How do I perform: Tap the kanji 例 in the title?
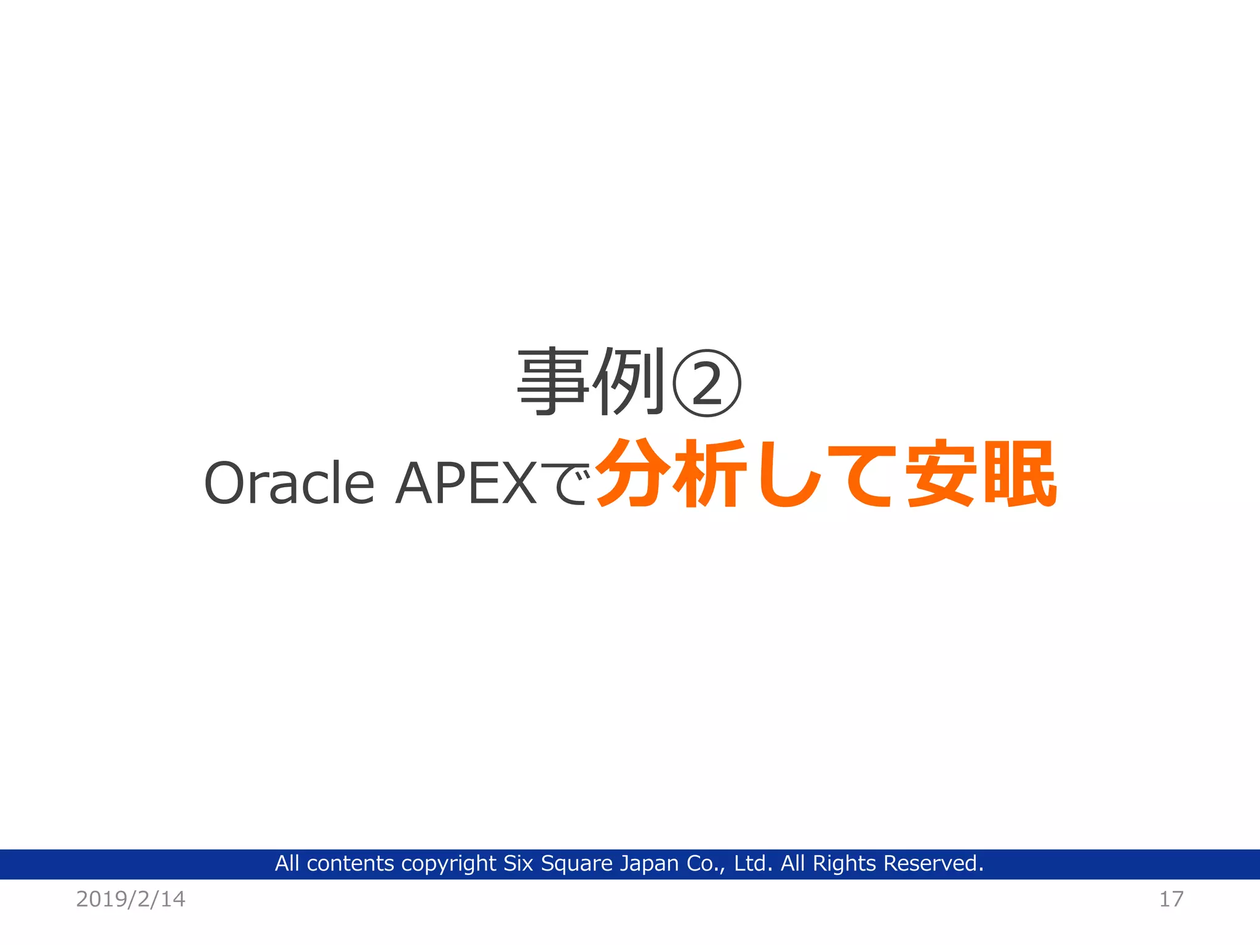pos(629,382)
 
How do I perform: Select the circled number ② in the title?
pos(706,383)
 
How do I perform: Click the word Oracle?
pos(289,484)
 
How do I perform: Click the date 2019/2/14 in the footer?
pos(130,899)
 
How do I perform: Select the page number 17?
pos(1171,899)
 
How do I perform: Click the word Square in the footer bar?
pos(576,864)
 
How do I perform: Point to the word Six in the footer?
pos(518,864)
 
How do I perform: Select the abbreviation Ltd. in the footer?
pos(753,864)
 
